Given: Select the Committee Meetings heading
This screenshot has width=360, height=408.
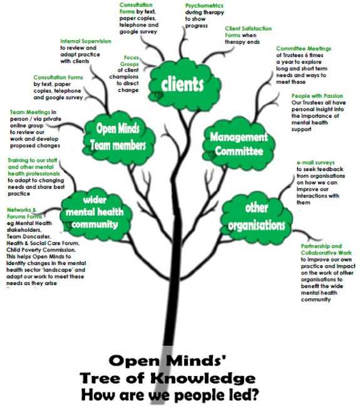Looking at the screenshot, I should click(304, 48).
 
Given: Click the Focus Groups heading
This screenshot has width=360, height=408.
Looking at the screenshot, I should click(131, 60).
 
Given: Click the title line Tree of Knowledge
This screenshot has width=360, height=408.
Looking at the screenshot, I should click(167, 379).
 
